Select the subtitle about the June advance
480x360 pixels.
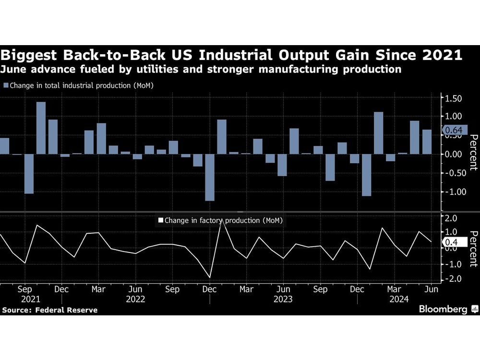click(x=201, y=70)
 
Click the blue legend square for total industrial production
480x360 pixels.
click(x=6, y=85)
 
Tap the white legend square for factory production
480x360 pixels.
click(x=161, y=221)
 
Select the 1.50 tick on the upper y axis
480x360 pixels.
click(x=454, y=98)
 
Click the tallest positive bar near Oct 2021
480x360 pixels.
click(x=41, y=128)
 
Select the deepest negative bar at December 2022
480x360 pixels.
click(x=209, y=177)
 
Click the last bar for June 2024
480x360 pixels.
click(x=427, y=142)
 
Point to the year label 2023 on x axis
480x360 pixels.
click(x=283, y=300)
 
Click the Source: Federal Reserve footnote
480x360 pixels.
click(x=49, y=310)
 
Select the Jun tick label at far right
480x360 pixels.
click(x=431, y=289)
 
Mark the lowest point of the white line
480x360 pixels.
click(x=209, y=277)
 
